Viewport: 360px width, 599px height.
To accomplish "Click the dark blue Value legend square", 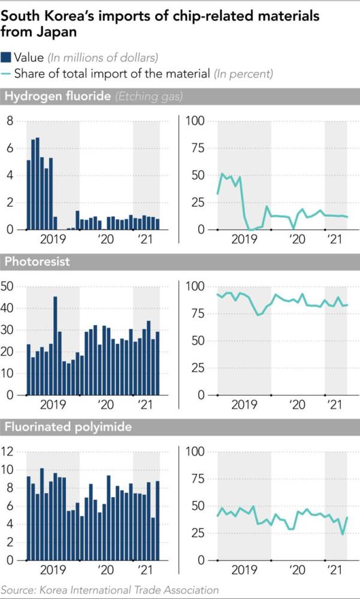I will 7,58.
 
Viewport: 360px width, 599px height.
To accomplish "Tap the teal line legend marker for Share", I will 7,74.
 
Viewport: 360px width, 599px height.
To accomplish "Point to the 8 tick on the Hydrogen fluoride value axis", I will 9,122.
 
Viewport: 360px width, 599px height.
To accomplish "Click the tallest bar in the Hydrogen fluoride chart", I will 38,183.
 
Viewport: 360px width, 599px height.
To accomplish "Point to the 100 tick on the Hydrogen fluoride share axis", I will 198,122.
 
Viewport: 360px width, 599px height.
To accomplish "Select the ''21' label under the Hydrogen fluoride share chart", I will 330,239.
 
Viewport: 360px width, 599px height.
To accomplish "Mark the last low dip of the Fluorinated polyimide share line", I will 343,534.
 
